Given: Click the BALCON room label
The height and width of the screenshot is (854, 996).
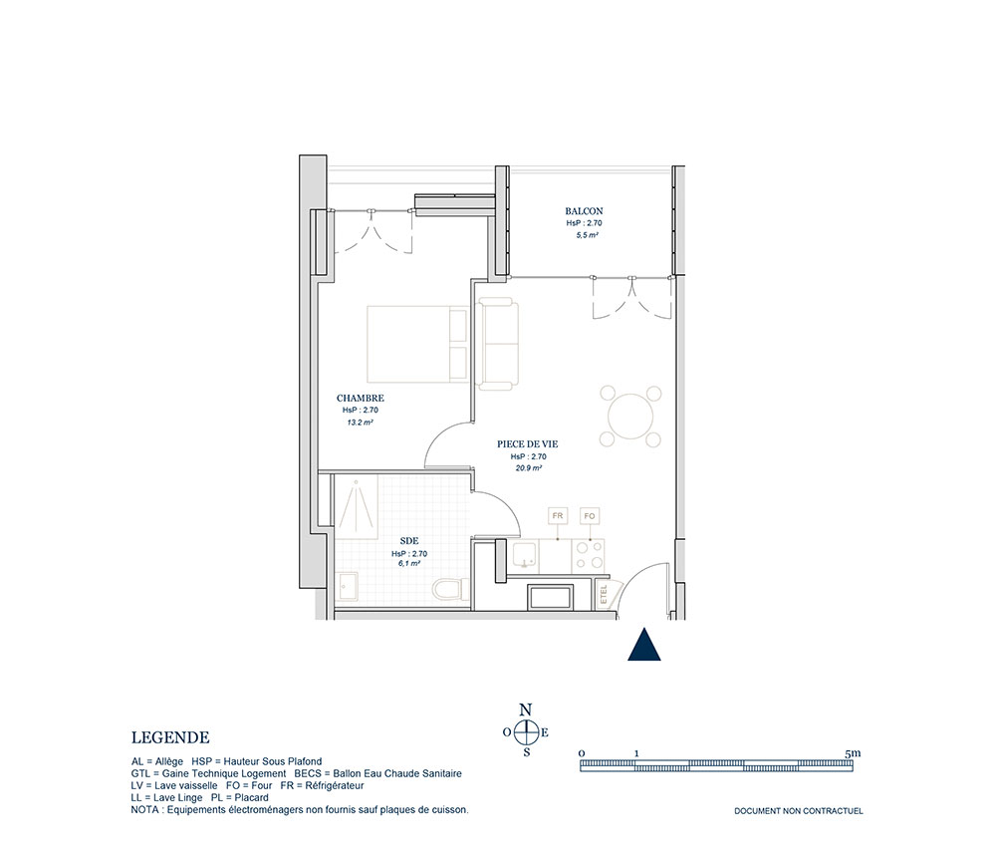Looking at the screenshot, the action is tap(584, 211).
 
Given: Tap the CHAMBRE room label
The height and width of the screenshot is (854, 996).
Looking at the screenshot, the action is tap(361, 399).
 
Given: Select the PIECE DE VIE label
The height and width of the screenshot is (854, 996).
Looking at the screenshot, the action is tap(527, 444).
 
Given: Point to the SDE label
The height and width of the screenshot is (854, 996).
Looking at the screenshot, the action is tap(409, 541).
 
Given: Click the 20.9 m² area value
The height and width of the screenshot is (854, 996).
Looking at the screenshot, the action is tap(529, 468).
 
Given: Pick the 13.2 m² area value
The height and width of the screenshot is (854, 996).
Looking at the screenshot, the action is tap(360, 422).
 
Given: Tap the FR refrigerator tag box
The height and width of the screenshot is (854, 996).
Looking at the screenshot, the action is tap(558, 516).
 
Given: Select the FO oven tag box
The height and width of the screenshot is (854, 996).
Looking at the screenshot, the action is tap(590, 516).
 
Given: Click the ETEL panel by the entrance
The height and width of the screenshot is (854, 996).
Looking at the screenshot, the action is tap(605, 595).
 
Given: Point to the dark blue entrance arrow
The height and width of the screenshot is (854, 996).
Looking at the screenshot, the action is tap(644, 645).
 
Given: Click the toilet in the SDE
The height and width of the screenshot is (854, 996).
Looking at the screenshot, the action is tap(450, 588).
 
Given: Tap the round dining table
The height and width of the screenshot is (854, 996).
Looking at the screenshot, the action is tap(630, 417).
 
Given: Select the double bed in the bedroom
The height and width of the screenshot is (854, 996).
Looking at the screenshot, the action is tap(417, 345).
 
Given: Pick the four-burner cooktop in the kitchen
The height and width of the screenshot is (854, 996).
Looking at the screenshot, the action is tap(589, 555).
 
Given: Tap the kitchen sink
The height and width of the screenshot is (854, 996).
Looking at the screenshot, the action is tap(525, 555).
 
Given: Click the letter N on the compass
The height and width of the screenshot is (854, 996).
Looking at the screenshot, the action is tap(525, 711).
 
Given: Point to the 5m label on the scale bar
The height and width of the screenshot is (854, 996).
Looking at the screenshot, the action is tap(854, 753).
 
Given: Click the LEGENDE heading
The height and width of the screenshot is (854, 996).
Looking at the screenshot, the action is tap(170, 737).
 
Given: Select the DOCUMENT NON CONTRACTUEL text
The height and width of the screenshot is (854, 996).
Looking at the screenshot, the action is tap(799, 811).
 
